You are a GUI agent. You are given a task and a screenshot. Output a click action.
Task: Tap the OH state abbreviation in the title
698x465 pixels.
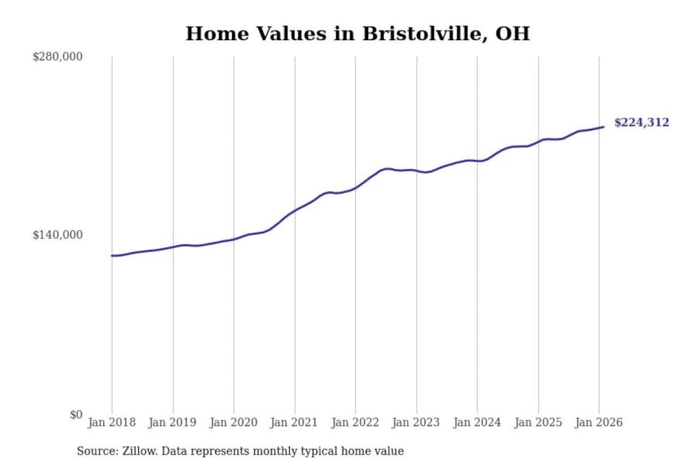point(512,34)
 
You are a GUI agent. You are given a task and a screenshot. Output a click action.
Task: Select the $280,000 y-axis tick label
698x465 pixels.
point(58,57)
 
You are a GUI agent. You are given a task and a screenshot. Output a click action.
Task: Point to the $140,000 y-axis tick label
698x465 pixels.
point(58,235)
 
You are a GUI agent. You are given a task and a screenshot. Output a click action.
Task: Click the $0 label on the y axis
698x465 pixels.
point(76,415)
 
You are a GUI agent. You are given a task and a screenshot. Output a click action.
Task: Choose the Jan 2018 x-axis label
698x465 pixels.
point(112,422)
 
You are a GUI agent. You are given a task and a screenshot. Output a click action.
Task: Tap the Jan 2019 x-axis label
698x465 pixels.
point(173,422)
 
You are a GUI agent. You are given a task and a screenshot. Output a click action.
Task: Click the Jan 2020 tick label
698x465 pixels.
point(234,422)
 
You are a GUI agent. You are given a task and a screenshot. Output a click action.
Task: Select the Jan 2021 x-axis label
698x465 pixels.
point(294,422)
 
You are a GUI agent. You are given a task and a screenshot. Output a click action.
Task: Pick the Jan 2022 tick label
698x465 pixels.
point(355,422)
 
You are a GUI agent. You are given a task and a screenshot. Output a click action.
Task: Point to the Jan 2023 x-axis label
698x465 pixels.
point(416,422)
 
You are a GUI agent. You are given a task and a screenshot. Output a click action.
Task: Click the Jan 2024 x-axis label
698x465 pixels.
point(477,422)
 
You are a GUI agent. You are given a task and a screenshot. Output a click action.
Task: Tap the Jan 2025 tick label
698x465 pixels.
point(538,422)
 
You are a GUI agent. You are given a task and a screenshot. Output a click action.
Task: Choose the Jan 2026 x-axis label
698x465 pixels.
point(599,422)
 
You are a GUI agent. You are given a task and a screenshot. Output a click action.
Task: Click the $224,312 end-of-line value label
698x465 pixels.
point(642,123)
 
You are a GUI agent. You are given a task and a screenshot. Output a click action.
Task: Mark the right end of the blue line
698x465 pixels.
point(603,127)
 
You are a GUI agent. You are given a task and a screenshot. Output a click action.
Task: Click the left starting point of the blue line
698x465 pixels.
point(112,256)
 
